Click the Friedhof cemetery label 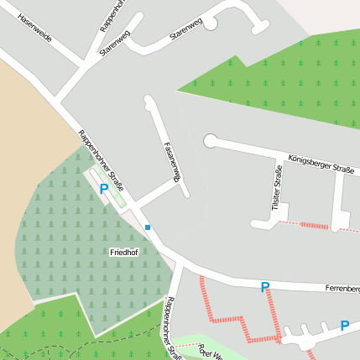coord(123,252)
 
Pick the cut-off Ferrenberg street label coord(342,289)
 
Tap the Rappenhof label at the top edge coord(112,15)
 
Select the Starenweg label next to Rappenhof coord(116,42)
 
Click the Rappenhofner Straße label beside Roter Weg coord(173,328)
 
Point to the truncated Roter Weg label coord(209,352)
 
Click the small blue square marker coord(148,227)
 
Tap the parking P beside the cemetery coord(104,190)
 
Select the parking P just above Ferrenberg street coord(264,287)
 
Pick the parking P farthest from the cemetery coord(344,326)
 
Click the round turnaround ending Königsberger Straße coord(210,141)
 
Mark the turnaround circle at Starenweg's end coord(210,23)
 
